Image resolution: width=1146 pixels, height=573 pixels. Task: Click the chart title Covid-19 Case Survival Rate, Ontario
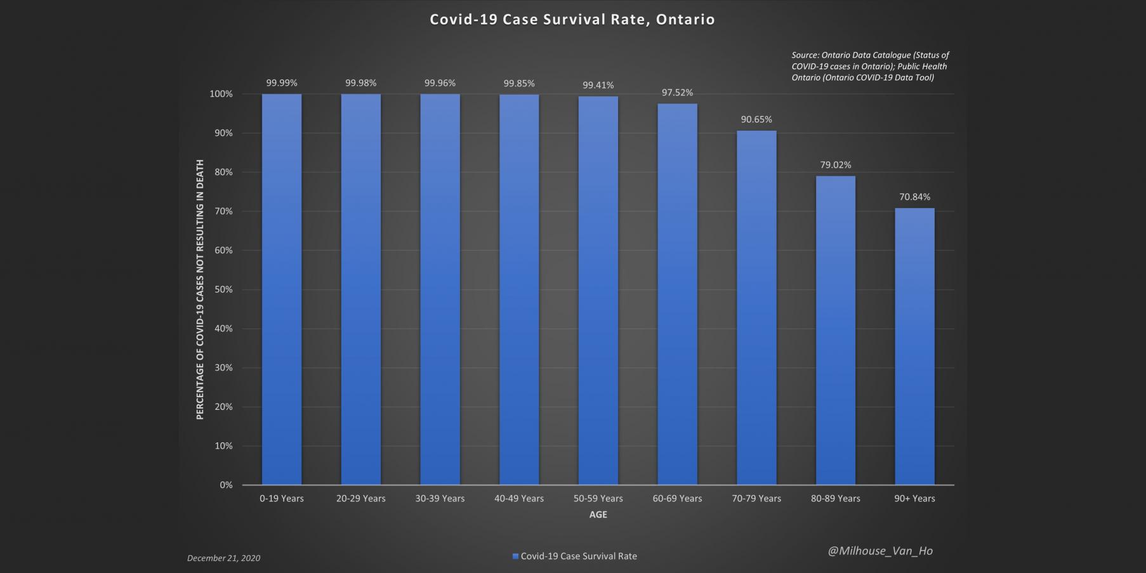click(572, 20)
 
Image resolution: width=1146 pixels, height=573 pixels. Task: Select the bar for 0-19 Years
click(282, 289)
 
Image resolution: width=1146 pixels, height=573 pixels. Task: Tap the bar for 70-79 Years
click(756, 308)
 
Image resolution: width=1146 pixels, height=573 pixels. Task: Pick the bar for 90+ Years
click(914, 346)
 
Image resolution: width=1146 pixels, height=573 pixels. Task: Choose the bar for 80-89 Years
click(835, 330)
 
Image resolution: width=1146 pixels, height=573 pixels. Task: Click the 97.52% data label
click(677, 93)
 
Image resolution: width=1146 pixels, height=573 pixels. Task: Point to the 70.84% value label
click(914, 197)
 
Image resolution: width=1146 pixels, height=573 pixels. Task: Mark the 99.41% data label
click(598, 85)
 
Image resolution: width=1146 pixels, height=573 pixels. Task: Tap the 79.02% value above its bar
click(835, 165)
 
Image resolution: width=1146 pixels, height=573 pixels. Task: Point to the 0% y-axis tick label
click(226, 485)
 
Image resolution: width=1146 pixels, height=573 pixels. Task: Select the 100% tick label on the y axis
click(221, 94)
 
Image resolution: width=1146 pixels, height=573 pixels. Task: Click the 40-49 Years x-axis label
click(519, 499)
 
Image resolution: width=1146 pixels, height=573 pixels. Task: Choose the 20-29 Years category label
click(360, 499)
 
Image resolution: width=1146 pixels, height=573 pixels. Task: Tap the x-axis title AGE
click(598, 515)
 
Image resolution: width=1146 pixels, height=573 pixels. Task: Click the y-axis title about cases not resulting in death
click(200, 289)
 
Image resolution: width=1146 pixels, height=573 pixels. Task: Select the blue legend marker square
click(515, 557)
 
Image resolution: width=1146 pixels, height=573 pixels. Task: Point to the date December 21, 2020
click(223, 558)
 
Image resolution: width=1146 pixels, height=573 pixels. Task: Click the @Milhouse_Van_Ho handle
click(880, 551)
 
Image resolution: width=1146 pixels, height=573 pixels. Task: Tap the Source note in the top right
click(869, 66)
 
